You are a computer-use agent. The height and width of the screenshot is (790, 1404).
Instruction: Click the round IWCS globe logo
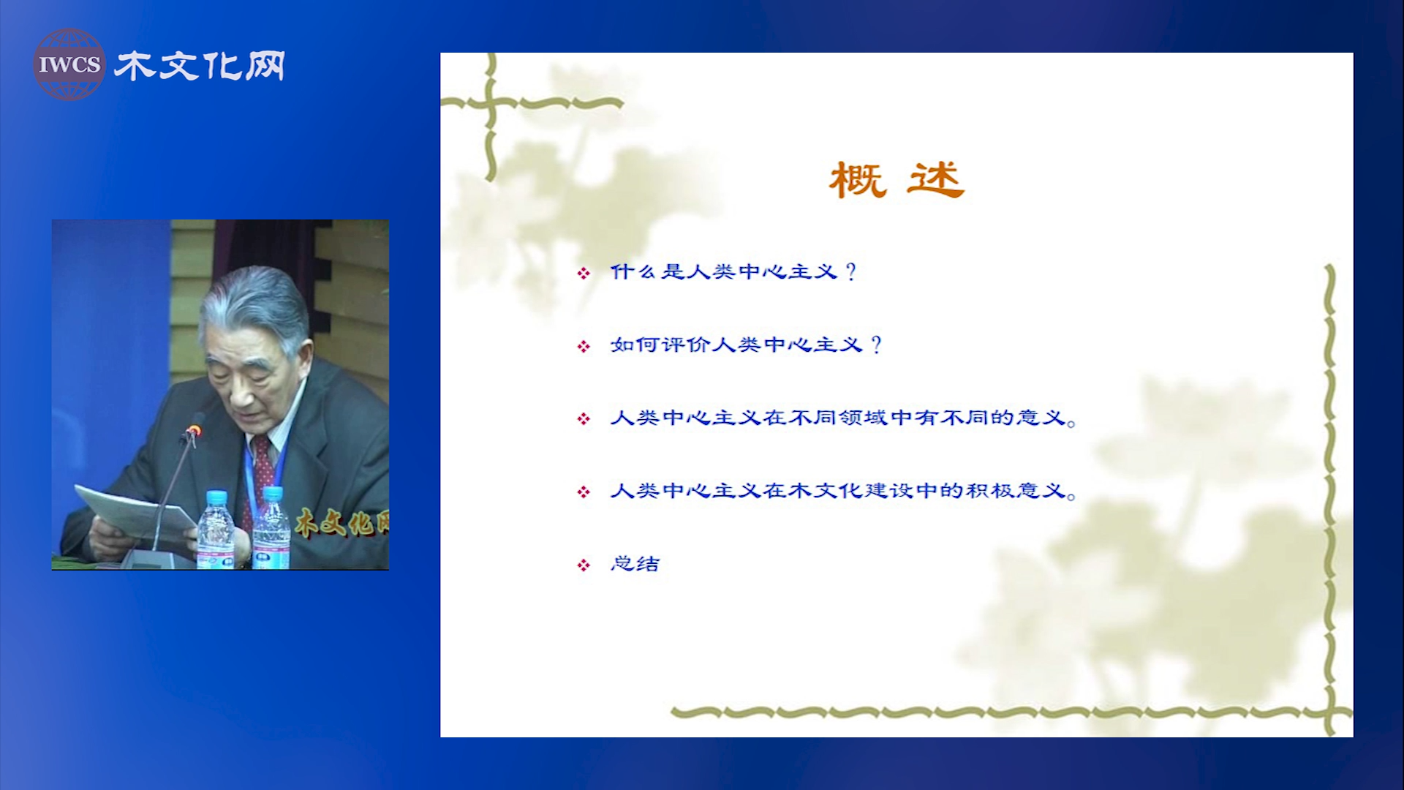tap(69, 64)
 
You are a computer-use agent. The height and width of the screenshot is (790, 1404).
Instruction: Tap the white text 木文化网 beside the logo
tap(200, 66)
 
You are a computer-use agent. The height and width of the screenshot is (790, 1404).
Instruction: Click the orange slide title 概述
tap(897, 180)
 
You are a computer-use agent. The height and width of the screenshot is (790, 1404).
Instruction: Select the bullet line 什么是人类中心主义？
tap(733, 272)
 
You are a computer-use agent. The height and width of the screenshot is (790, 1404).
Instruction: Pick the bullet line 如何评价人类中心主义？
tap(747, 345)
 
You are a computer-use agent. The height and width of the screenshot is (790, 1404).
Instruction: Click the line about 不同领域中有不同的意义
tap(843, 418)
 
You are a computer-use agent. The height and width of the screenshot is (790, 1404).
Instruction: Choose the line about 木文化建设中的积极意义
tap(843, 490)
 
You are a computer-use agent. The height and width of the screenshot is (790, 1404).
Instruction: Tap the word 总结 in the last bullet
tap(635, 563)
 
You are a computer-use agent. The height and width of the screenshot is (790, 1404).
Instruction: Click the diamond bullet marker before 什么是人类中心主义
tap(584, 274)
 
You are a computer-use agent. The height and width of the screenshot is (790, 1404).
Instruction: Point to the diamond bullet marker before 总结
tap(584, 565)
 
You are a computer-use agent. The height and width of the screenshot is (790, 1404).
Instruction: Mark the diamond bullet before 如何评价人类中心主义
tap(584, 346)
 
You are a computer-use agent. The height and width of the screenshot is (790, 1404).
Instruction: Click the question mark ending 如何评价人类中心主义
tap(876, 345)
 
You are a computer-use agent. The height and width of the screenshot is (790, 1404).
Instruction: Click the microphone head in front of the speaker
tap(194, 429)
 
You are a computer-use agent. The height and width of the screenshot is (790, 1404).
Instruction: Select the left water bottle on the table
tap(216, 530)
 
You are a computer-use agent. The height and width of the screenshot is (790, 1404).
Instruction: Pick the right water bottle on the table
tap(271, 528)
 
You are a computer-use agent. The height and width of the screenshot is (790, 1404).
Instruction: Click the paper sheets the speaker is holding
tap(132, 516)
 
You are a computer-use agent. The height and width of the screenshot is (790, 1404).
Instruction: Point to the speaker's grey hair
tap(256, 304)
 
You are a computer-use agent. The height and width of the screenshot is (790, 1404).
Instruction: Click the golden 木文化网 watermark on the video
tap(341, 522)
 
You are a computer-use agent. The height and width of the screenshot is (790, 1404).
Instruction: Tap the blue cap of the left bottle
tap(216, 497)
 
